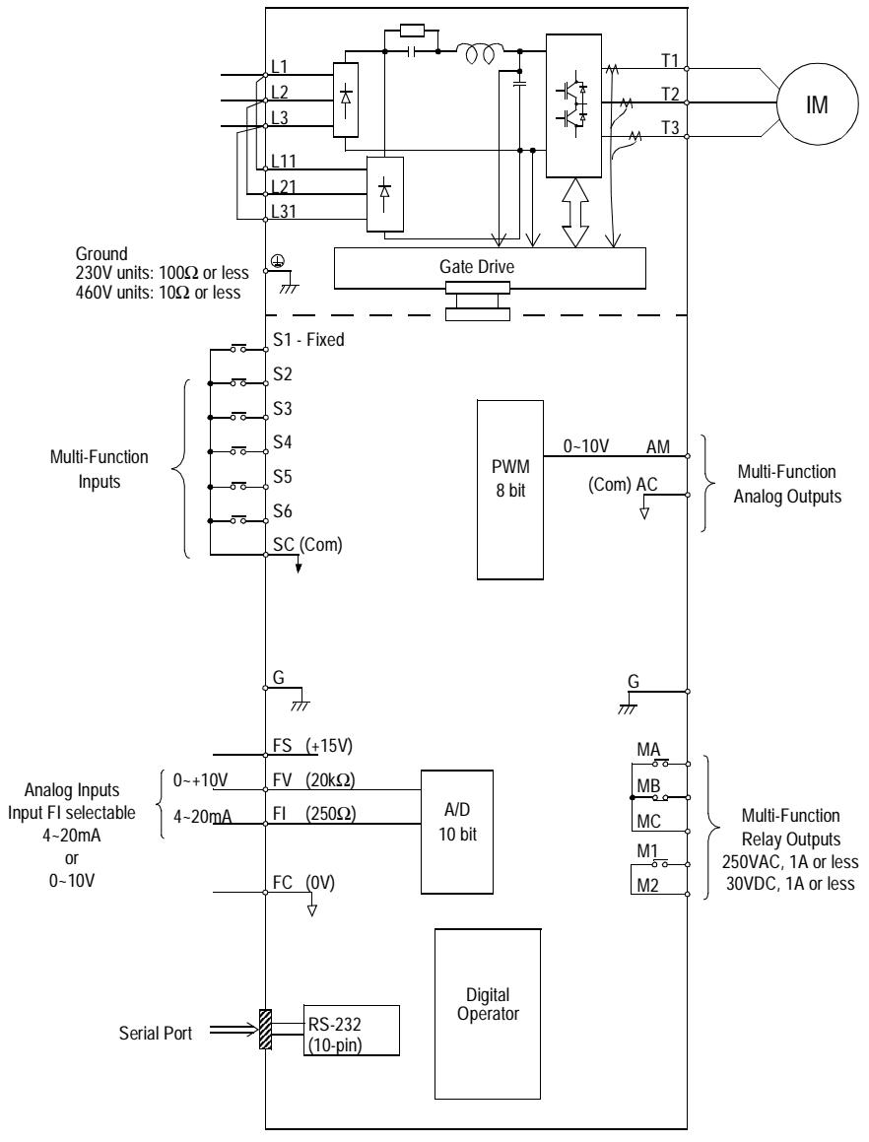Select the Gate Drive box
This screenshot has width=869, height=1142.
[490, 267]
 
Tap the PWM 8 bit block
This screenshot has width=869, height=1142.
[508, 490]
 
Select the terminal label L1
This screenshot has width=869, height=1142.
[280, 68]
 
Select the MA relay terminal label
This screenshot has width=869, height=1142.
[648, 753]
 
